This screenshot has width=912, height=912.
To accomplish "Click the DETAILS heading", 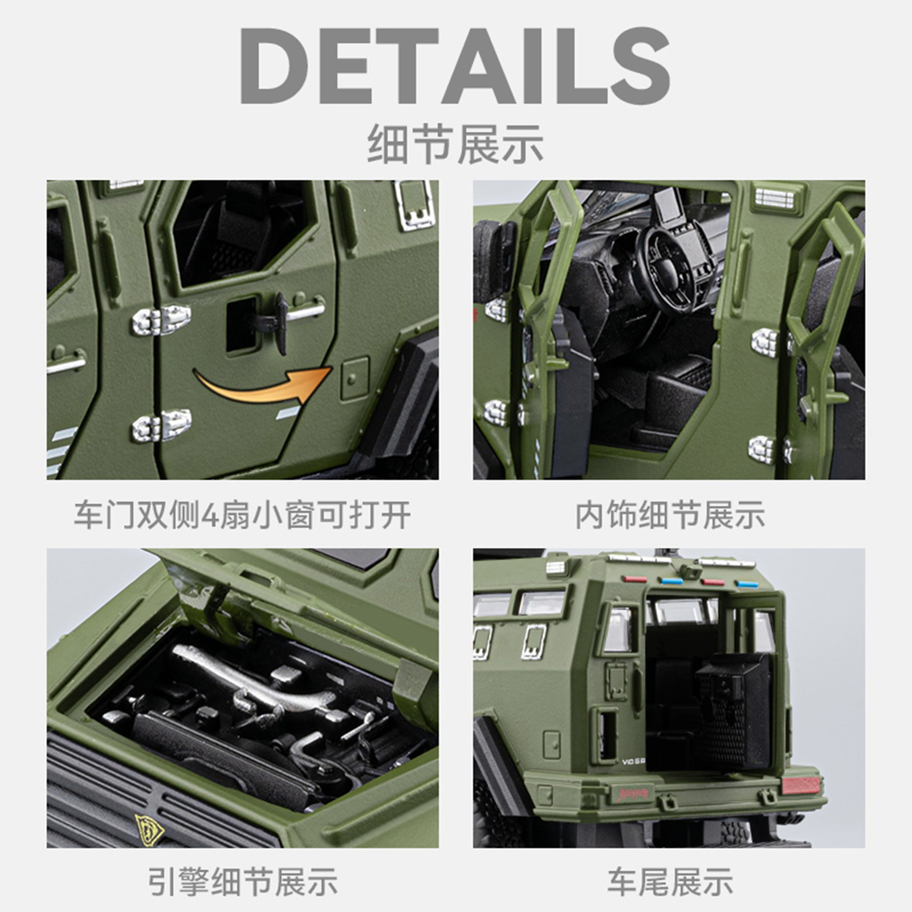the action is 455,66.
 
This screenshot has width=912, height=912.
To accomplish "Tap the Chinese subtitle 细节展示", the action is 455,144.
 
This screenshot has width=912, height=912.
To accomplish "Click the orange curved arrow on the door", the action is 263,385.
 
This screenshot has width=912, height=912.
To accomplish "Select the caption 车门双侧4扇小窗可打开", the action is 242,515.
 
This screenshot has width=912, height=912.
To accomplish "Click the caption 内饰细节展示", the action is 669,515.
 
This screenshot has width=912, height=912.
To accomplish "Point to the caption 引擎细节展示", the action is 242,882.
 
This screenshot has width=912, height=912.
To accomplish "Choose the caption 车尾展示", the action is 670,882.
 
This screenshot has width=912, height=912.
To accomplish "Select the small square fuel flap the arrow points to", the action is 355,377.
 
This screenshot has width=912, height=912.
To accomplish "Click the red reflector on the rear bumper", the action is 801,785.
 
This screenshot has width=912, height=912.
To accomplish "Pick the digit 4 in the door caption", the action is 210,516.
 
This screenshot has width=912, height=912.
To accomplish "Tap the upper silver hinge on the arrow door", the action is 161,320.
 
